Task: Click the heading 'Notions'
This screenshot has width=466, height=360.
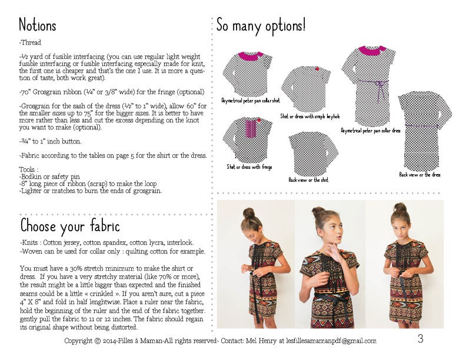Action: (38, 25)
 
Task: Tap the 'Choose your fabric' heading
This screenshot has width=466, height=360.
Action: (70, 225)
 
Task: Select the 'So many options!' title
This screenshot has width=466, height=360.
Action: (261, 25)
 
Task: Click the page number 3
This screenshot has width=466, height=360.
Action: (421, 338)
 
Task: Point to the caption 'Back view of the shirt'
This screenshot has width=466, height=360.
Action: (308, 179)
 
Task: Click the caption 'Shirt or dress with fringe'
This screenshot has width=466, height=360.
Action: (249, 167)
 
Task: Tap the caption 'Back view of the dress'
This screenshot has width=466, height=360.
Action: (420, 174)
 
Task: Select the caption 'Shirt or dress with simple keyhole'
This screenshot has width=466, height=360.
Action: (310, 116)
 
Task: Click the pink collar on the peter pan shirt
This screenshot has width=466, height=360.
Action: (252, 56)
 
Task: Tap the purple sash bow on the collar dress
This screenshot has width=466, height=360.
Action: (380, 88)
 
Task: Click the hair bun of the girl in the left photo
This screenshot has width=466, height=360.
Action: (248, 212)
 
